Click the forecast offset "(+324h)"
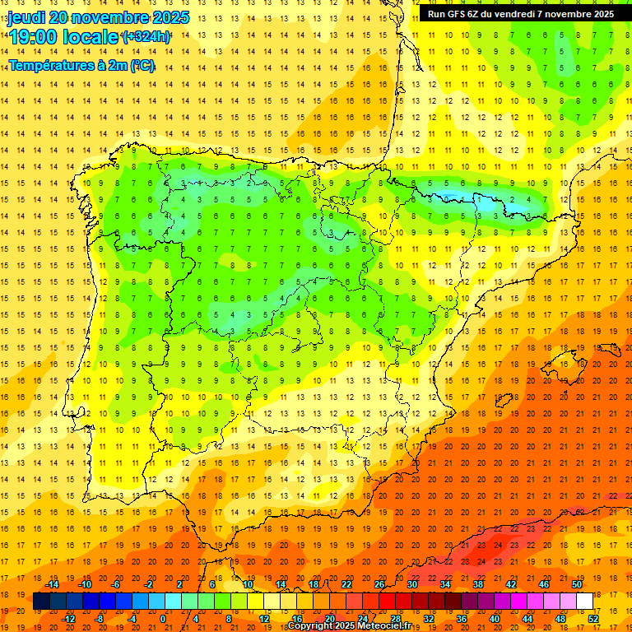(x=146, y=36)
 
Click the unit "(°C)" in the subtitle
(x=139, y=65)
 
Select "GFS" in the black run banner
(x=458, y=14)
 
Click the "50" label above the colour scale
(x=576, y=584)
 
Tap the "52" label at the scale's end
(x=592, y=619)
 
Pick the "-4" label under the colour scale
(x=131, y=619)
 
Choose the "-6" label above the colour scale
(x=115, y=584)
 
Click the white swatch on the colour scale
(x=584, y=602)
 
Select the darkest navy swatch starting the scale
(x=41, y=602)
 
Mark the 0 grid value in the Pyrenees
(x=479, y=199)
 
